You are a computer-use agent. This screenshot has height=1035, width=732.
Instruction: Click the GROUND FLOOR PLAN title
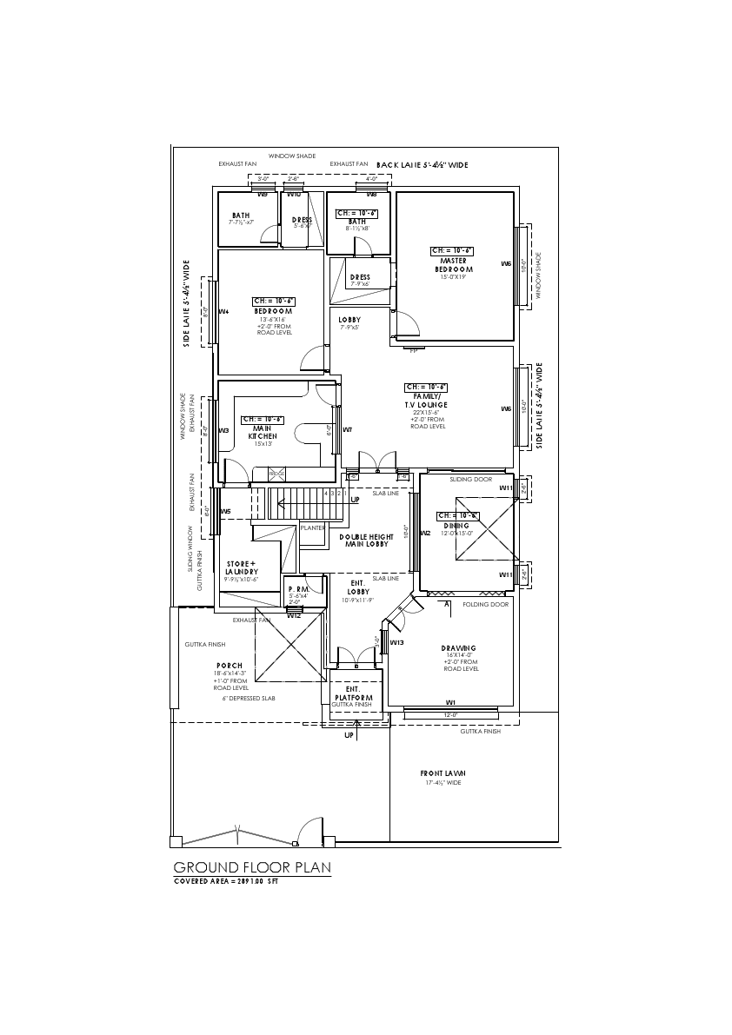(x=252, y=867)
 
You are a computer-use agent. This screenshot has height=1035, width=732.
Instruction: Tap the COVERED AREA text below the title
(x=226, y=881)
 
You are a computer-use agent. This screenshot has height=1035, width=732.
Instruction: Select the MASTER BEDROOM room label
(x=454, y=265)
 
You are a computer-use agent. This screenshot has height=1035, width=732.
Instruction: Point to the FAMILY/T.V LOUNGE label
(x=425, y=401)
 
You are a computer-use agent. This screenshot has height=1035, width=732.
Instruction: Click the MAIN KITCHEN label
(x=263, y=432)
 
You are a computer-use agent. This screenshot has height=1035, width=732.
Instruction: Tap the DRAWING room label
(x=458, y=648)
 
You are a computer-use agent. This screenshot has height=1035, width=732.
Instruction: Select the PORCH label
(x=230, y=666)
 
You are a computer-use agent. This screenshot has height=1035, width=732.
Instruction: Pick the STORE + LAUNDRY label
(x=242, y=567)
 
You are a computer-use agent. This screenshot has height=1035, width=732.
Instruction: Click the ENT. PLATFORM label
(x=354, y=693)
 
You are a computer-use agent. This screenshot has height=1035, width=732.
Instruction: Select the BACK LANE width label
(x=423, y=164)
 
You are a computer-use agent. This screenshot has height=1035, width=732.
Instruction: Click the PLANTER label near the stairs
(x=312, y=527)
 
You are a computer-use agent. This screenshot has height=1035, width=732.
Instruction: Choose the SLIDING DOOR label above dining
(x=470, y=479)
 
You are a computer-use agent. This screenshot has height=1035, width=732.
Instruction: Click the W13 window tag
(x=396, y=642)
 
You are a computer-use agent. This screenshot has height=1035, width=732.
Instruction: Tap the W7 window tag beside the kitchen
(x=347, y=429)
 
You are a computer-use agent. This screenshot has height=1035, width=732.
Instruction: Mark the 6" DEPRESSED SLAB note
(x=250, y=698)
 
